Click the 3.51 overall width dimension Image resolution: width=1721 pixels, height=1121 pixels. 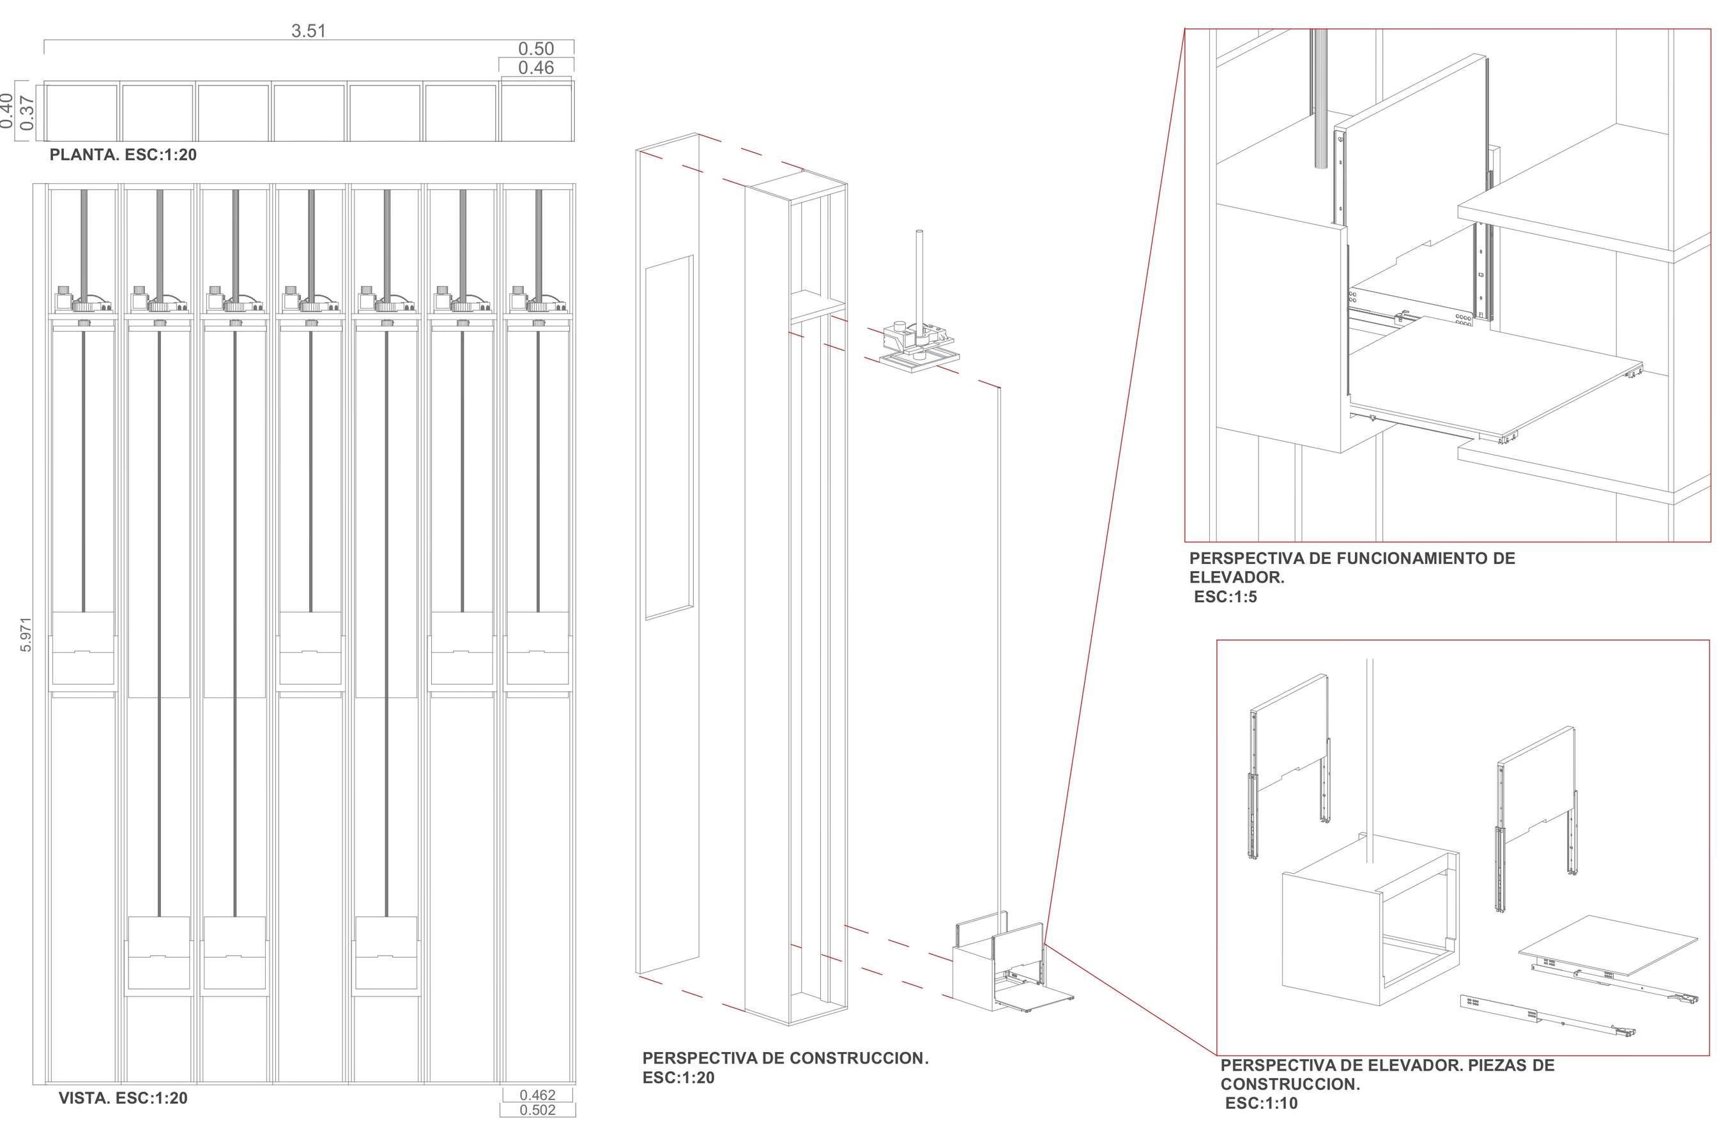point(308,31)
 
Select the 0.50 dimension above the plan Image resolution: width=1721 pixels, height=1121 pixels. point(536,49)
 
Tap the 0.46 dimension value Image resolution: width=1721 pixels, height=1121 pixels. point(536,68)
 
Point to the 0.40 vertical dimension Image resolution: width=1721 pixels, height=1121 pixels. point(6,111)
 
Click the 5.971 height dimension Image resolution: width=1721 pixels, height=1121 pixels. point(26,634)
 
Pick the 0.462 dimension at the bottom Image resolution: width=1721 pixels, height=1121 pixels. point(537,1095)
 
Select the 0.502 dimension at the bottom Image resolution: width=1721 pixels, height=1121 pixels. point(537,1110)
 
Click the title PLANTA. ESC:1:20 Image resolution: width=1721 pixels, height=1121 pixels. point(123,155)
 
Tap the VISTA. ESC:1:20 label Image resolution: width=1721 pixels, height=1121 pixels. point(123,1099)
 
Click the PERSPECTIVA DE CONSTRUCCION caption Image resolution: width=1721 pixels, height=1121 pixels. point(784,1058)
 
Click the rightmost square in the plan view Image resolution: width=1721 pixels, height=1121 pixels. point(536,112)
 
